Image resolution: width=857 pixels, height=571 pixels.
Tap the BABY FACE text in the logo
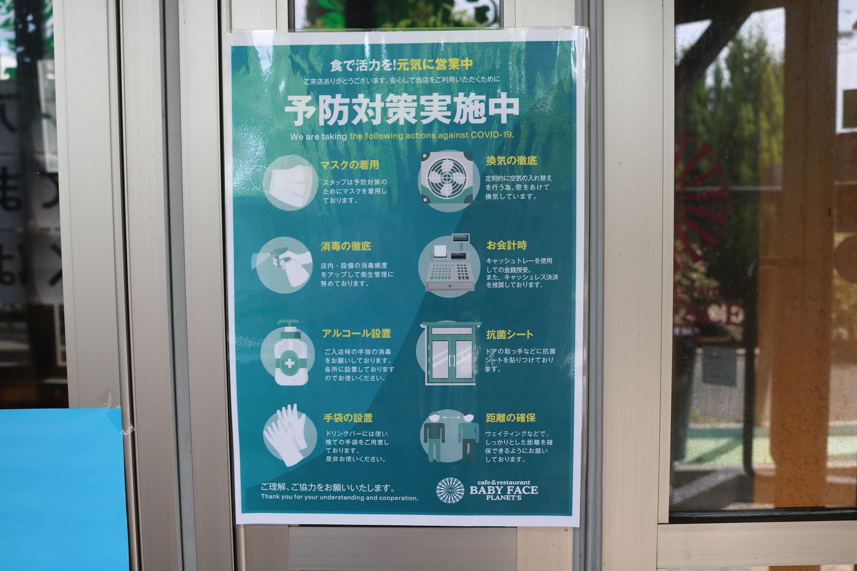504,490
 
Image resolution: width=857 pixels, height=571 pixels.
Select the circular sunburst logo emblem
450,490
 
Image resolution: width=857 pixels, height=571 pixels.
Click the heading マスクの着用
350,165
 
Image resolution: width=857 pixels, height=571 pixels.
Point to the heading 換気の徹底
511,161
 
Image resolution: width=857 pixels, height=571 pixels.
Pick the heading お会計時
506,246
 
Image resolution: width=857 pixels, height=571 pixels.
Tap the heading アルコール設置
357,334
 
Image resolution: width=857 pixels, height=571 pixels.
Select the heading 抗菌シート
509,335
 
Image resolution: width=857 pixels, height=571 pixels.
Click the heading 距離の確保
510,418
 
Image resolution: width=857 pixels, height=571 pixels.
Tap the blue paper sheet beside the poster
60,488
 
